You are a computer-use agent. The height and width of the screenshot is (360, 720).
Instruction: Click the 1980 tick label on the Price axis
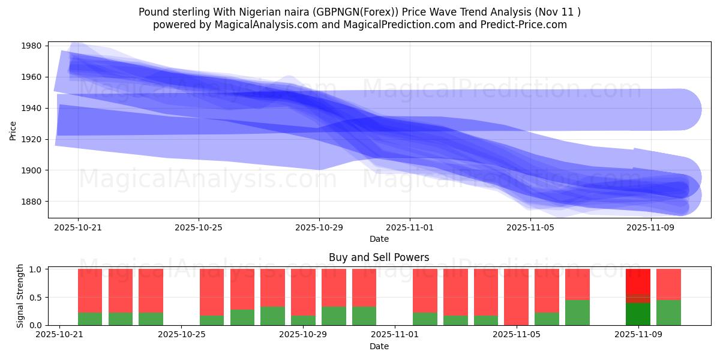(31, 46)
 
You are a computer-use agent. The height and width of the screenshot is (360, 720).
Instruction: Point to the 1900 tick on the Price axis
(31, 170)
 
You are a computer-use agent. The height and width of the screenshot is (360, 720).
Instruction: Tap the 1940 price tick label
(31, 108)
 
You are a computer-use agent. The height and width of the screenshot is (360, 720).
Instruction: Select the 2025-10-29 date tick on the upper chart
(319, 227)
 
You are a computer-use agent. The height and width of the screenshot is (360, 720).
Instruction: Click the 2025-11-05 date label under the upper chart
(530, 227)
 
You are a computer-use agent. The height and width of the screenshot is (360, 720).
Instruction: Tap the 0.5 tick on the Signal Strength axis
(35, 297)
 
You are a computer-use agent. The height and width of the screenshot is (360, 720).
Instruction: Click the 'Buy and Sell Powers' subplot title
(379, 257)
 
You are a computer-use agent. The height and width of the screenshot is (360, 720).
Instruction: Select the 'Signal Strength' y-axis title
(20, 295)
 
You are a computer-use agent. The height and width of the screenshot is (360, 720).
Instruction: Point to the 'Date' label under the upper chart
(379, 239)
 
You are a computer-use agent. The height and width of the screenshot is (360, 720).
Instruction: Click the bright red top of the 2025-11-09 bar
(638, 281)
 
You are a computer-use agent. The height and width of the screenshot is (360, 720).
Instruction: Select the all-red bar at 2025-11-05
(516, 296)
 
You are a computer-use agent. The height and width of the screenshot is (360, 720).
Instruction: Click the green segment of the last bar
(668, 313)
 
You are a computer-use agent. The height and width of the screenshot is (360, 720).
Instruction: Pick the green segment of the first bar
(90, 319)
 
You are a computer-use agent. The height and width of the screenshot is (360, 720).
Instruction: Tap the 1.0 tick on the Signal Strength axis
(35, 269)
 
